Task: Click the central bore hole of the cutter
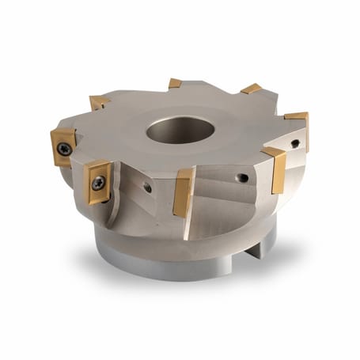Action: pyautogui.click(x=180, y=129)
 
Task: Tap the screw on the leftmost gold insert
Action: pyautogui.click(x=64, y=148)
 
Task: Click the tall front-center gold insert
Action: pyautogui.click(x=184, y=191)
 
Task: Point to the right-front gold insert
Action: pyautogui.click(x=275, y=169)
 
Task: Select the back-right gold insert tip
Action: pyautogui.click(x=252, y=89)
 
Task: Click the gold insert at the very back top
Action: pyautogui.click(x=175, y=83)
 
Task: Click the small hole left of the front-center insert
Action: pyautogui.click(x=148, y=188)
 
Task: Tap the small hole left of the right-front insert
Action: pyautogui.click(x=244, y=178)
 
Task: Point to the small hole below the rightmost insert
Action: pyautogui.click(x=295, y=144)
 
